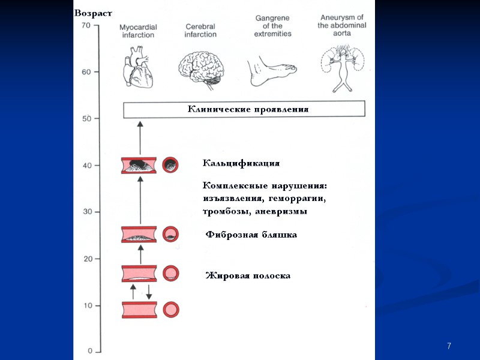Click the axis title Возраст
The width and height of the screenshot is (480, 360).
93,13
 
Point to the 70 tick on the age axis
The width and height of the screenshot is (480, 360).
86,26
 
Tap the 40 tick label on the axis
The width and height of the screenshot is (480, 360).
86,166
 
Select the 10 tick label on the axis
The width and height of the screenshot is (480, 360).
87,306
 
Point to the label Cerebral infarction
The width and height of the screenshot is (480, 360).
200,31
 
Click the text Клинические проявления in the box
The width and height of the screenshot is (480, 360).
248,110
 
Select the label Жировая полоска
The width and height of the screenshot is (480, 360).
248,275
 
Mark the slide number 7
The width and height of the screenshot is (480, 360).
449,346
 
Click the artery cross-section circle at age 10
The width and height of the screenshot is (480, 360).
172,310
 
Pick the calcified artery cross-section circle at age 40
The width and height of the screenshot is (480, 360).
171,165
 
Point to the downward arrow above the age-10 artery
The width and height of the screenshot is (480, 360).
149,292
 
